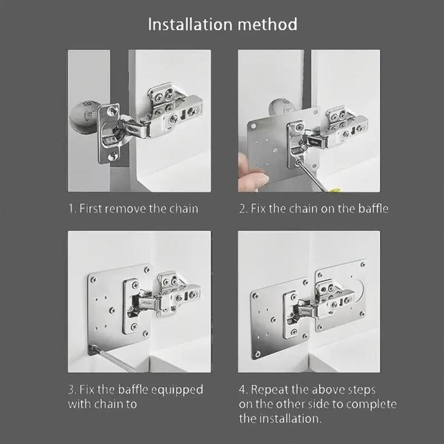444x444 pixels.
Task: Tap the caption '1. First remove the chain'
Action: (x=133, y=209)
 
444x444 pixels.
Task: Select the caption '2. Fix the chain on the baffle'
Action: (x=314, y=209)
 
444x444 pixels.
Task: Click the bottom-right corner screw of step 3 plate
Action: (x=145, y=334)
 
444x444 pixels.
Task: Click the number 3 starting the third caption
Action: (x=71, y=389)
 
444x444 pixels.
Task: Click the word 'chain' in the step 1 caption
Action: (x=182, y=209)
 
